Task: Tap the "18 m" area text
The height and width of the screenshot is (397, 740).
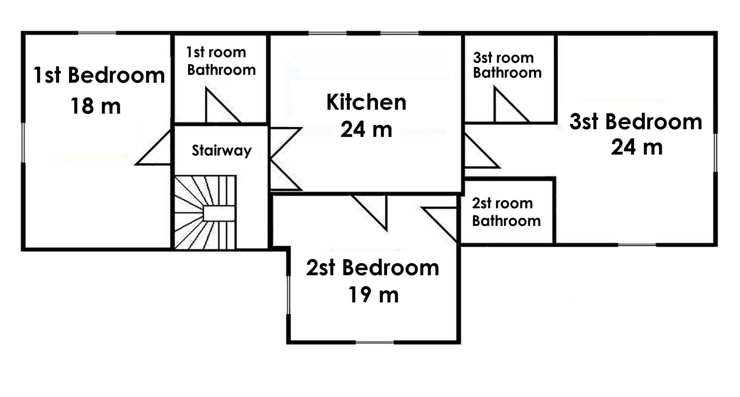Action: tap(96, 106)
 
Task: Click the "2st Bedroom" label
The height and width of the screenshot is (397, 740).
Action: tap(373, 268)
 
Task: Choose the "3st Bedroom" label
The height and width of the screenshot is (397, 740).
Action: tap(636, 121)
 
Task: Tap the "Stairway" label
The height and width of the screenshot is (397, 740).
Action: tap(221, 150)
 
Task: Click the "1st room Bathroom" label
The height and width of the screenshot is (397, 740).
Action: tap(221, 61)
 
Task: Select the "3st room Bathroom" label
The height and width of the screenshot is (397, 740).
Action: tap(507, 65)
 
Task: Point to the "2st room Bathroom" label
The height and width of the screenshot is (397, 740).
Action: tap(506, 212)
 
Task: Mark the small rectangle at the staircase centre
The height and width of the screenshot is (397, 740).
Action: tap(219, 213)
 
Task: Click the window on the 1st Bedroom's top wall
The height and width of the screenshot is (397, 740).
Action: tap(97, 33)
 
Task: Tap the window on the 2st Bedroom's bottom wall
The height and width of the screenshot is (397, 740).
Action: tap(375, 342)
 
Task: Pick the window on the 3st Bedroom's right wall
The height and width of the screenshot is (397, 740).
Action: tap(715, 153)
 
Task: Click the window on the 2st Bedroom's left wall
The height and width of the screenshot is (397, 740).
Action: tap(288, 295)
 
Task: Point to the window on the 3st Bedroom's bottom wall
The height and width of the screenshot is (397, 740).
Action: tap(637, 245)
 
